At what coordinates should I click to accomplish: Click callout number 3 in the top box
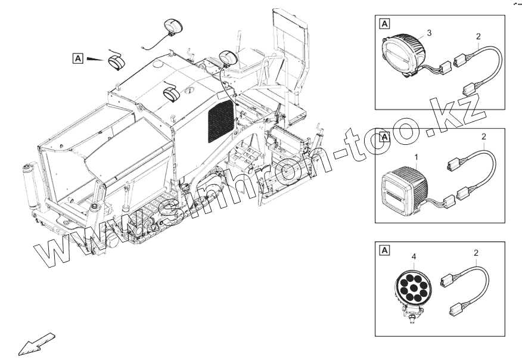click(429, 32)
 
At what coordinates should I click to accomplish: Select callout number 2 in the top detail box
click(478, 36)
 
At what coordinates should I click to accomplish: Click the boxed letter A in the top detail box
click(384, 24)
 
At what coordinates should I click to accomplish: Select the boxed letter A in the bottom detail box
click(384, 250)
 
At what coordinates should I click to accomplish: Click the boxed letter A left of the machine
click(77, 58)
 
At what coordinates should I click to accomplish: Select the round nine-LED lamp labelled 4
click(411, 287)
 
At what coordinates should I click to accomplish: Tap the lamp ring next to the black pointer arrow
click(117, 61)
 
